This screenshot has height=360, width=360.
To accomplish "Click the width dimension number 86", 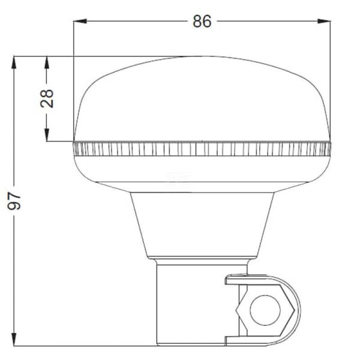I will [202, 21].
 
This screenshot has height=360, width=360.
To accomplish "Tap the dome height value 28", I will [47, 98].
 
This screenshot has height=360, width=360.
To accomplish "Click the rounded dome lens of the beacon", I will [202, 99].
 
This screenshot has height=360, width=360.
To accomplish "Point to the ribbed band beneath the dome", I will [202, 149].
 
